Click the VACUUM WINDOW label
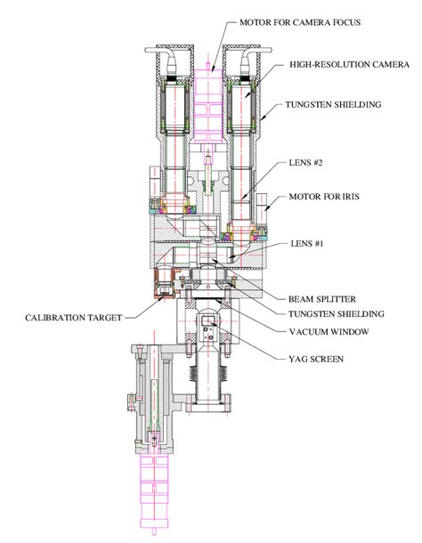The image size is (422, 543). pyautogui.click(x=329, y=331)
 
